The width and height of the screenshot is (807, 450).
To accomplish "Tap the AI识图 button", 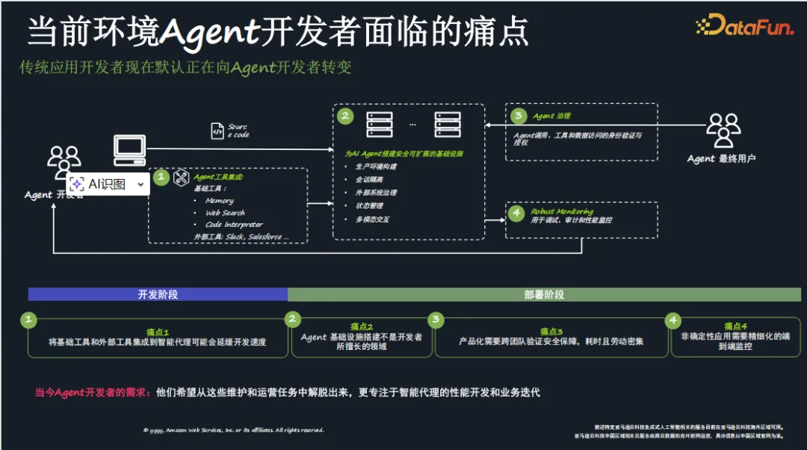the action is coord(108,184).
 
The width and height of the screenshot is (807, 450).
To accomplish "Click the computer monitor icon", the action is coord(129,149).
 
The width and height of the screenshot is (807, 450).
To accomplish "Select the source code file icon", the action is coord(217,131).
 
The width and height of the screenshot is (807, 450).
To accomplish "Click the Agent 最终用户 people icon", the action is coord(723,131).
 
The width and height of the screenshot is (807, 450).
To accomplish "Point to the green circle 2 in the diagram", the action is coord(345,116).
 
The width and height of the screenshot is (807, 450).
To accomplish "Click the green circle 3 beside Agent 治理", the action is coord(518,116).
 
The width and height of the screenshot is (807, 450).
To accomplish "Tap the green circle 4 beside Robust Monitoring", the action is coord(516,213).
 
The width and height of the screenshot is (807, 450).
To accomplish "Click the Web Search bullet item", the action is coord(225,213).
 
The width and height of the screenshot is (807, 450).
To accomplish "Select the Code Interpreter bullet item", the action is coord(234,225).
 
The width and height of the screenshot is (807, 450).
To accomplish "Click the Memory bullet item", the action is coord(220,201).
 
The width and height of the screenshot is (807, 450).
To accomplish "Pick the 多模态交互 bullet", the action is coord(372,219).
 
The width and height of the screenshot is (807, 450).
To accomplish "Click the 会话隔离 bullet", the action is coord(369,179).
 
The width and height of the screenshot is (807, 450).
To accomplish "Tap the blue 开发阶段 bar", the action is coord(158,294).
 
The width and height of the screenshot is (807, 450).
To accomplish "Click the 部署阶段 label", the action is coord(544,295).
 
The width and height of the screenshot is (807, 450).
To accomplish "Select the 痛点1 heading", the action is coord(158,331).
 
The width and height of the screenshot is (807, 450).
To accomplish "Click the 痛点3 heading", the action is coord(551,331).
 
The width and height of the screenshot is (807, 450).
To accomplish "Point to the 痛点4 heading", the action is coord(735,326).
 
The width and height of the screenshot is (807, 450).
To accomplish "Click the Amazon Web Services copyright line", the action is coord(233,431).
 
